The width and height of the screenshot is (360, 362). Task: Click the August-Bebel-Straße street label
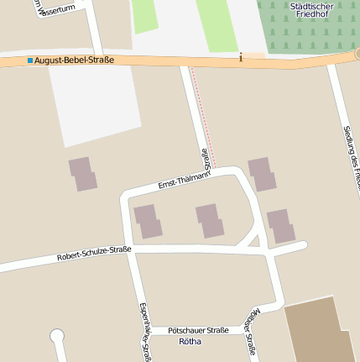(x=74, y=60)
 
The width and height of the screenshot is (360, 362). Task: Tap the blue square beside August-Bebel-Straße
(x=30, y=60)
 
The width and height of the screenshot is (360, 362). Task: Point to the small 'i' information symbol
(x=241, y=57)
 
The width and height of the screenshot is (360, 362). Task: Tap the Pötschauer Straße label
(x=198, y=330)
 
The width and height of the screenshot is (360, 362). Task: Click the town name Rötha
(x=190, y=341)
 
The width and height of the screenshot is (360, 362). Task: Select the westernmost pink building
(x=83, y=174)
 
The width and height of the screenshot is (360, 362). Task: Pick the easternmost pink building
(x=280, y=226)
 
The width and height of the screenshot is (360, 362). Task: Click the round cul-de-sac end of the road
(x=57, y=337)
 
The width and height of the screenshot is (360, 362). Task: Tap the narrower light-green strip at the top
(x=144, y=15)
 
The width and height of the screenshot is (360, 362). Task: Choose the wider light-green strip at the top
(x=216, y=24)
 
